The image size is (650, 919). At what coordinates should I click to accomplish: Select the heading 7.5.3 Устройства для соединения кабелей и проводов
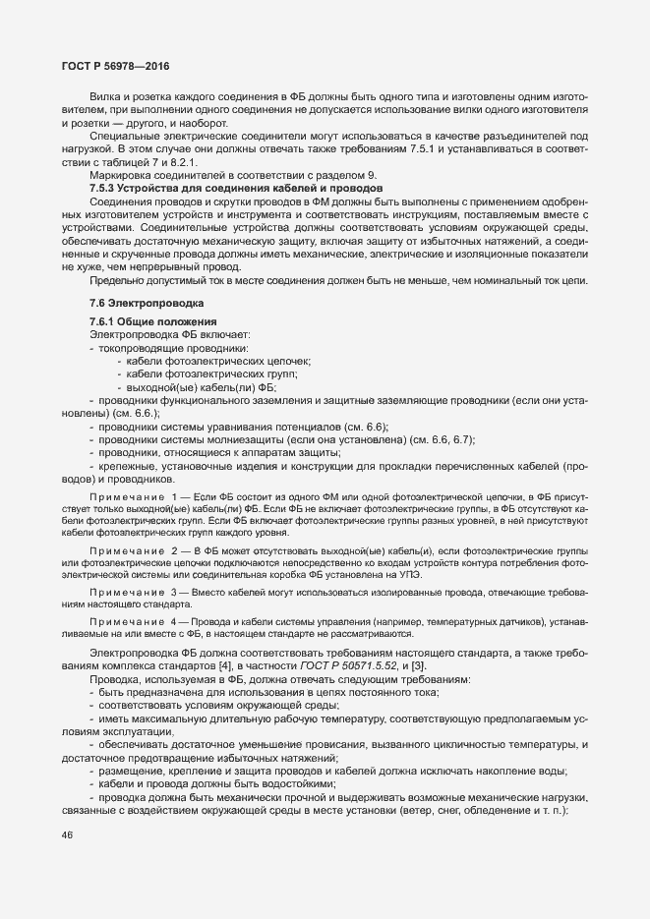coord(216,187)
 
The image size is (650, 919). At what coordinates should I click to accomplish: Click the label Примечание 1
coord(131,499)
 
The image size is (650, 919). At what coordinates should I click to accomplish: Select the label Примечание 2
coord(131,548)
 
